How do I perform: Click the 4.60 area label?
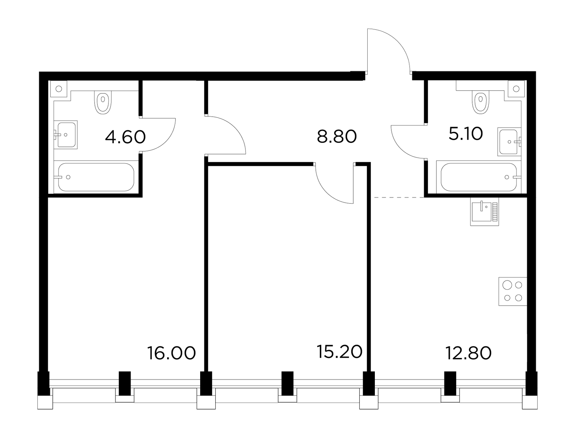point(125,137)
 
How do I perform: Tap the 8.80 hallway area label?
point(337,136)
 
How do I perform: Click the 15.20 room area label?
point(339,351)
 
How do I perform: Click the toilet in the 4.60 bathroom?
point(103,103)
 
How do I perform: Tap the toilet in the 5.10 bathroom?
point(480,103)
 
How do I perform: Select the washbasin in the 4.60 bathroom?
point(65,135)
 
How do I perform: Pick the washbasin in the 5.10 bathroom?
point(509,142)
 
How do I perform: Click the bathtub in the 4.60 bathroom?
point(96,177)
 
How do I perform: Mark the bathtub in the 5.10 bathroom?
point(479,177)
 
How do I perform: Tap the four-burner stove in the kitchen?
point(513,291)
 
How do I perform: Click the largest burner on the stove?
point(507,285)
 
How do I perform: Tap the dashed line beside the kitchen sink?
point(399,197)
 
